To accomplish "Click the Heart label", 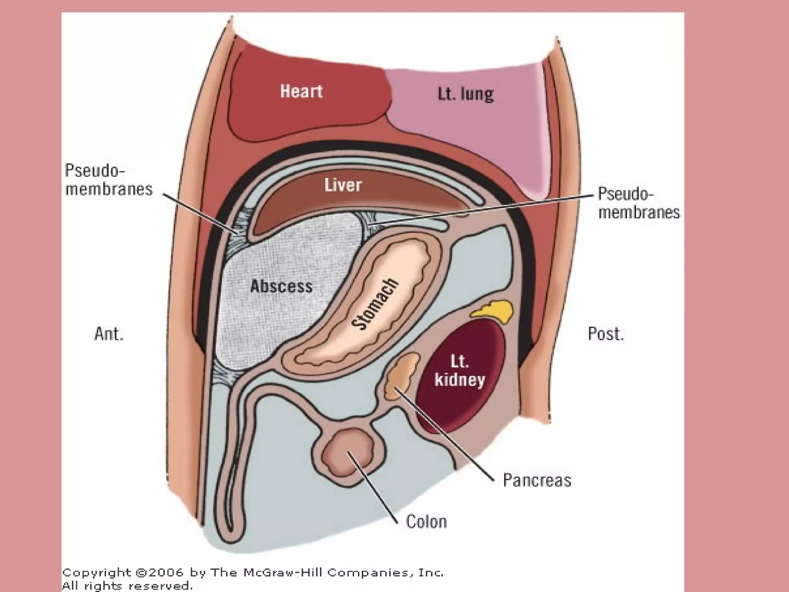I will (301, 91).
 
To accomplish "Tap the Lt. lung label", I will (465, 94).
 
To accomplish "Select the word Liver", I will (343, 185).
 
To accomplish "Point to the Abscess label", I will (281, 286).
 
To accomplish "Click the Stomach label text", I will (375, 304).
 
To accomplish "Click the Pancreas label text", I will (537, 480).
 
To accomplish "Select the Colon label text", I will (426, 522).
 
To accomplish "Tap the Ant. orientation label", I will (109, 334).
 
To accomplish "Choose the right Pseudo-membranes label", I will (639, 203).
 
